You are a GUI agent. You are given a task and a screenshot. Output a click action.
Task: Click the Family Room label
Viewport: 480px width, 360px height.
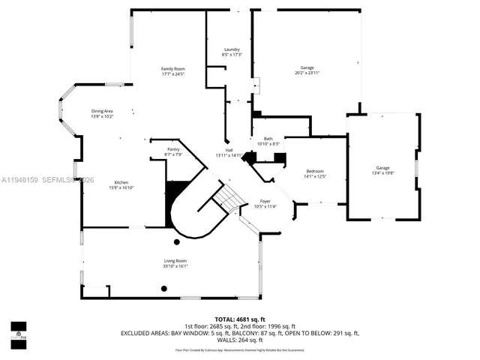coord(172,68)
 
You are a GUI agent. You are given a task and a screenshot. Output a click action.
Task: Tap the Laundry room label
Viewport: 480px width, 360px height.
coord(232,49)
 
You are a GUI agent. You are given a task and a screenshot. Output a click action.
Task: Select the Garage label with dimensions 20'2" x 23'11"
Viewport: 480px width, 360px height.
coord(307,68)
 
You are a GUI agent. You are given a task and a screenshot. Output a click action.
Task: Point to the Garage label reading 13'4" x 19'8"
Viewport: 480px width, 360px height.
coord(382,167)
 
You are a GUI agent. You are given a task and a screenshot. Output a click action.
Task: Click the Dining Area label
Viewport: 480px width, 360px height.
coord(102,111)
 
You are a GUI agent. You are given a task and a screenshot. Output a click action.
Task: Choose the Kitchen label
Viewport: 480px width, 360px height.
coord(121,183)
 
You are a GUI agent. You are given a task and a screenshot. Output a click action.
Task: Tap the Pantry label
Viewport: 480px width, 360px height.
coord(173,149)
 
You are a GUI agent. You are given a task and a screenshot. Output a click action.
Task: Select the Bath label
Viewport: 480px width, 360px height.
coord(268,139)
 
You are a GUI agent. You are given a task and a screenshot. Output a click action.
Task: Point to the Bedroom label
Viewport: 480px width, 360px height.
coord(314,171)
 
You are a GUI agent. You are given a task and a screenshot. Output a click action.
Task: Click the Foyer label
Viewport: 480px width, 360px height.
coord(265,201)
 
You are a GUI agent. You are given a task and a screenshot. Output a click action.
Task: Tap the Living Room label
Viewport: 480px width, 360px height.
coord(175,260)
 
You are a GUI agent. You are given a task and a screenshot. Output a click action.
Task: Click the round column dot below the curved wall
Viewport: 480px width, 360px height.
coord(177,241)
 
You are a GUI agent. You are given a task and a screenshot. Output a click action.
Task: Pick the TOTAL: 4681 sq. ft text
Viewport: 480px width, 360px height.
coord(240,319)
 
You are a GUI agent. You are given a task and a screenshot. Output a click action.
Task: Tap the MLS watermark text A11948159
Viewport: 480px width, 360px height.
coord(20,180)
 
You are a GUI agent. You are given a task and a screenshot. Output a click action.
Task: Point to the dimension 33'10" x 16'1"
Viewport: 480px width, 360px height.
coord(175,265)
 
